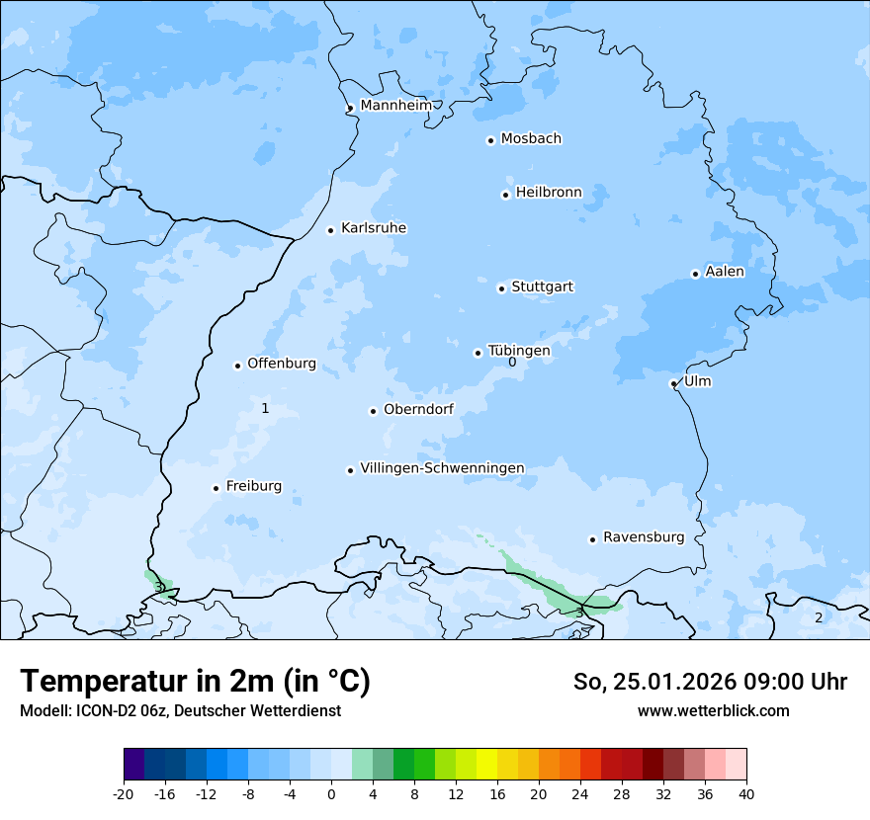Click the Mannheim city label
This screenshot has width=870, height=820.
point(395,105)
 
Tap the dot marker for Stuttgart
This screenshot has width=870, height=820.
point(501,288)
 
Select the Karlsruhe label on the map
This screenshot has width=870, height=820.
point(374,228)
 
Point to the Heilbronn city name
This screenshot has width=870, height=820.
point(549,193)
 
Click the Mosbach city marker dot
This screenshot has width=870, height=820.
point(490,140)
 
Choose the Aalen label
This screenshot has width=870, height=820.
point(725,272)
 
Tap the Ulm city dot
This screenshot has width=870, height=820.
point(673,383)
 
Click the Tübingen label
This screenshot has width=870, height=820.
point(519,351)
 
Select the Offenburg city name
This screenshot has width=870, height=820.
point(282,364)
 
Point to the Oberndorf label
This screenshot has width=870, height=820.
point(418,409)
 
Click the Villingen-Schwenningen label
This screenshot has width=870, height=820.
point(442,468)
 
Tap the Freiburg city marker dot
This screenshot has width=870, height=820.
point(216,488)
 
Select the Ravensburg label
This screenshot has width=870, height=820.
point(644,537)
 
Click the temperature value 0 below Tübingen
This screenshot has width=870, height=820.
point(512,363)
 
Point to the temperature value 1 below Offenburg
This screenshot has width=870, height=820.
point(265,408)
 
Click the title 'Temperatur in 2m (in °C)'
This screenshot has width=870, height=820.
point(195,682)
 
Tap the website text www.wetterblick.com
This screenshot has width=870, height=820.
point(713,710)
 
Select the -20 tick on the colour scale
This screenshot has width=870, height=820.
point(124,794)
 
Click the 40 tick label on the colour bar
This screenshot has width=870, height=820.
point(745,794)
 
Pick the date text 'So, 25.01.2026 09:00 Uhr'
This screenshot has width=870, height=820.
point(710,682)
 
